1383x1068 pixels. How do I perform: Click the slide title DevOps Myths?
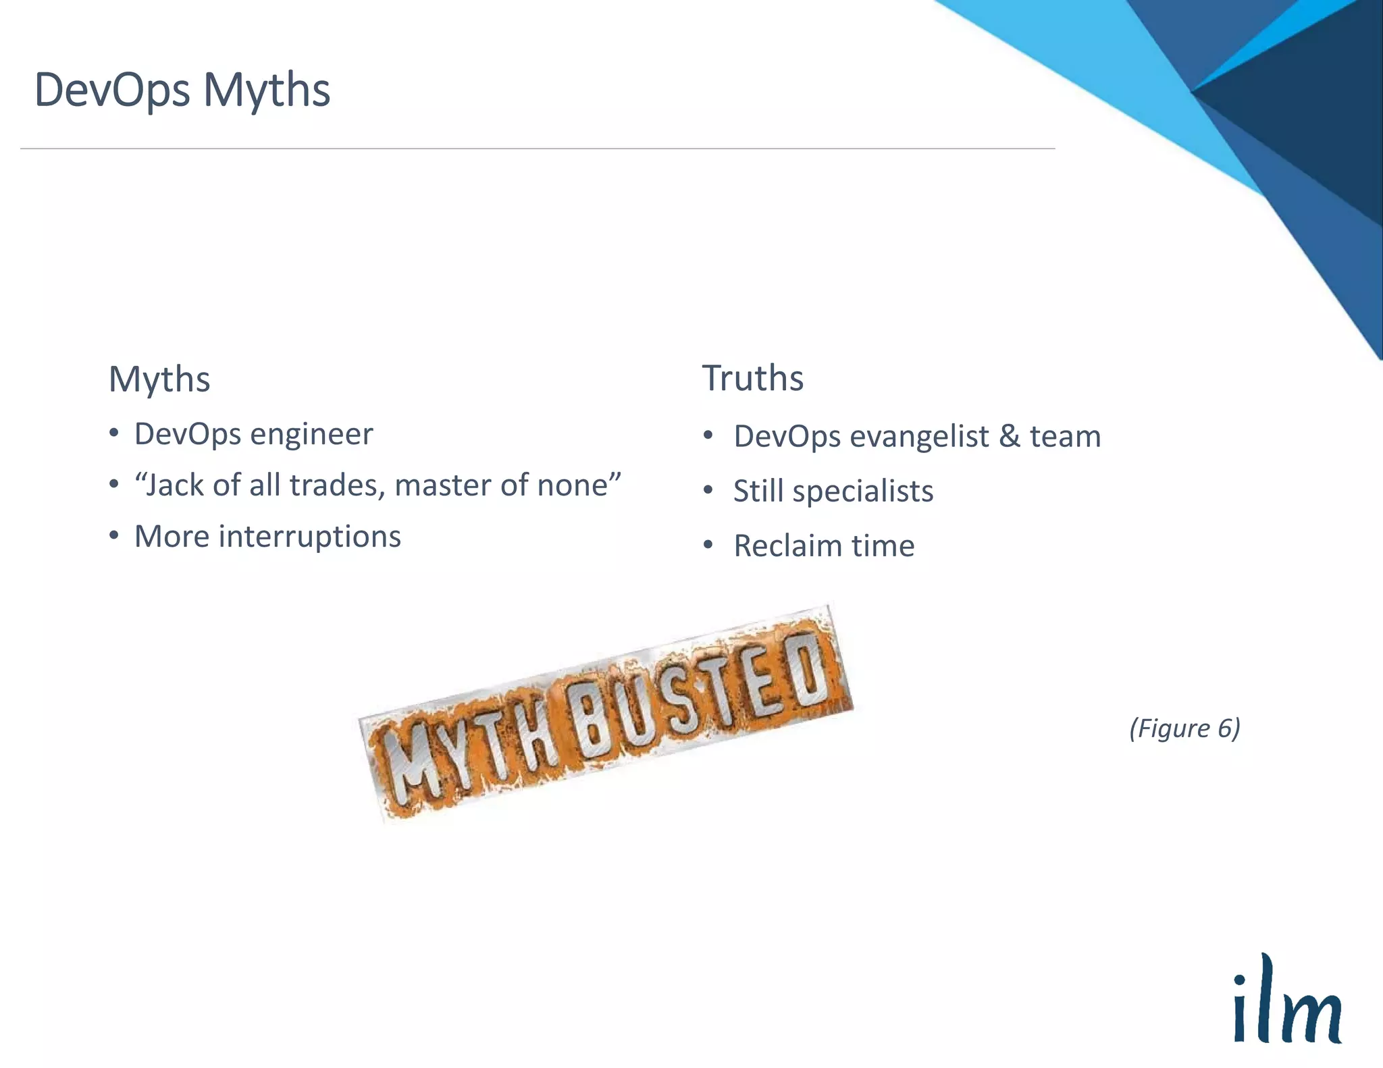[x=182, y=90]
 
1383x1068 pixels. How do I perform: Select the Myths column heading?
[x=159, y=379]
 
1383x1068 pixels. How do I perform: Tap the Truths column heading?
[x=753, y=377]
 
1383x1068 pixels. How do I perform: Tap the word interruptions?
[x=310, y=537]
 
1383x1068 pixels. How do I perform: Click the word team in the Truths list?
[x=1065, y=437]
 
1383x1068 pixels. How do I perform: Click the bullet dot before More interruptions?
[x=114, y=536]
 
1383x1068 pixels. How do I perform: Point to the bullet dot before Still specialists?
[x=708, y=490]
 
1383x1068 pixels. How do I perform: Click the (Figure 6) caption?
[x=1184, y=728]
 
